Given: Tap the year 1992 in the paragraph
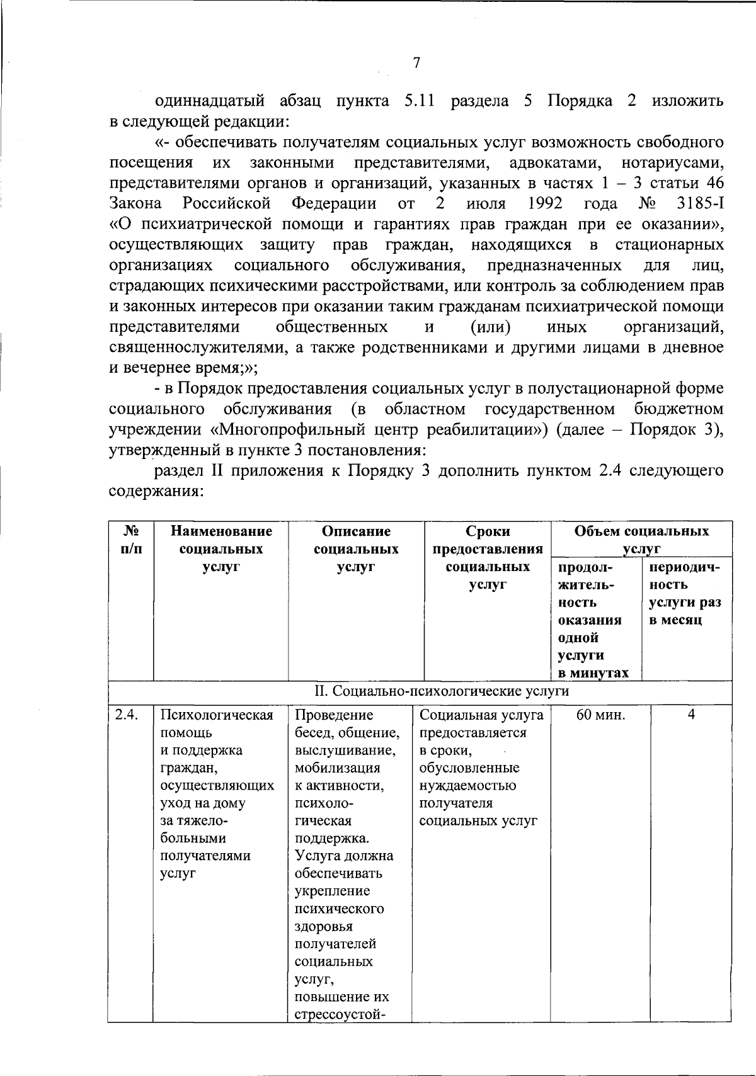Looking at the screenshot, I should point(546,204).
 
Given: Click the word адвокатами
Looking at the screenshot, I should point(554,163).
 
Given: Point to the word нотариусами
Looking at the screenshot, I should point(672,163).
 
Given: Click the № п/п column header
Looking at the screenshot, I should point(129,540).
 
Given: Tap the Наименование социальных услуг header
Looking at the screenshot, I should point(220,548).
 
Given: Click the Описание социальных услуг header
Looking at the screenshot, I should point(356,548).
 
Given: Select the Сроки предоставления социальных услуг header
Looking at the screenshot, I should point(488,557).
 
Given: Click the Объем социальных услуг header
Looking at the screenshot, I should point(641,540).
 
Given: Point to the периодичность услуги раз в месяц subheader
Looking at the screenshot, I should point(685,593).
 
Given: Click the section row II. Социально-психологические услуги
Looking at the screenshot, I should point(441,691).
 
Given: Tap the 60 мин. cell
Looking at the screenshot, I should point(600,715).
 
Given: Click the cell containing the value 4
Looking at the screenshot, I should point(690,715).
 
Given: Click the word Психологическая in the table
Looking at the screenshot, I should point(217,715).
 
